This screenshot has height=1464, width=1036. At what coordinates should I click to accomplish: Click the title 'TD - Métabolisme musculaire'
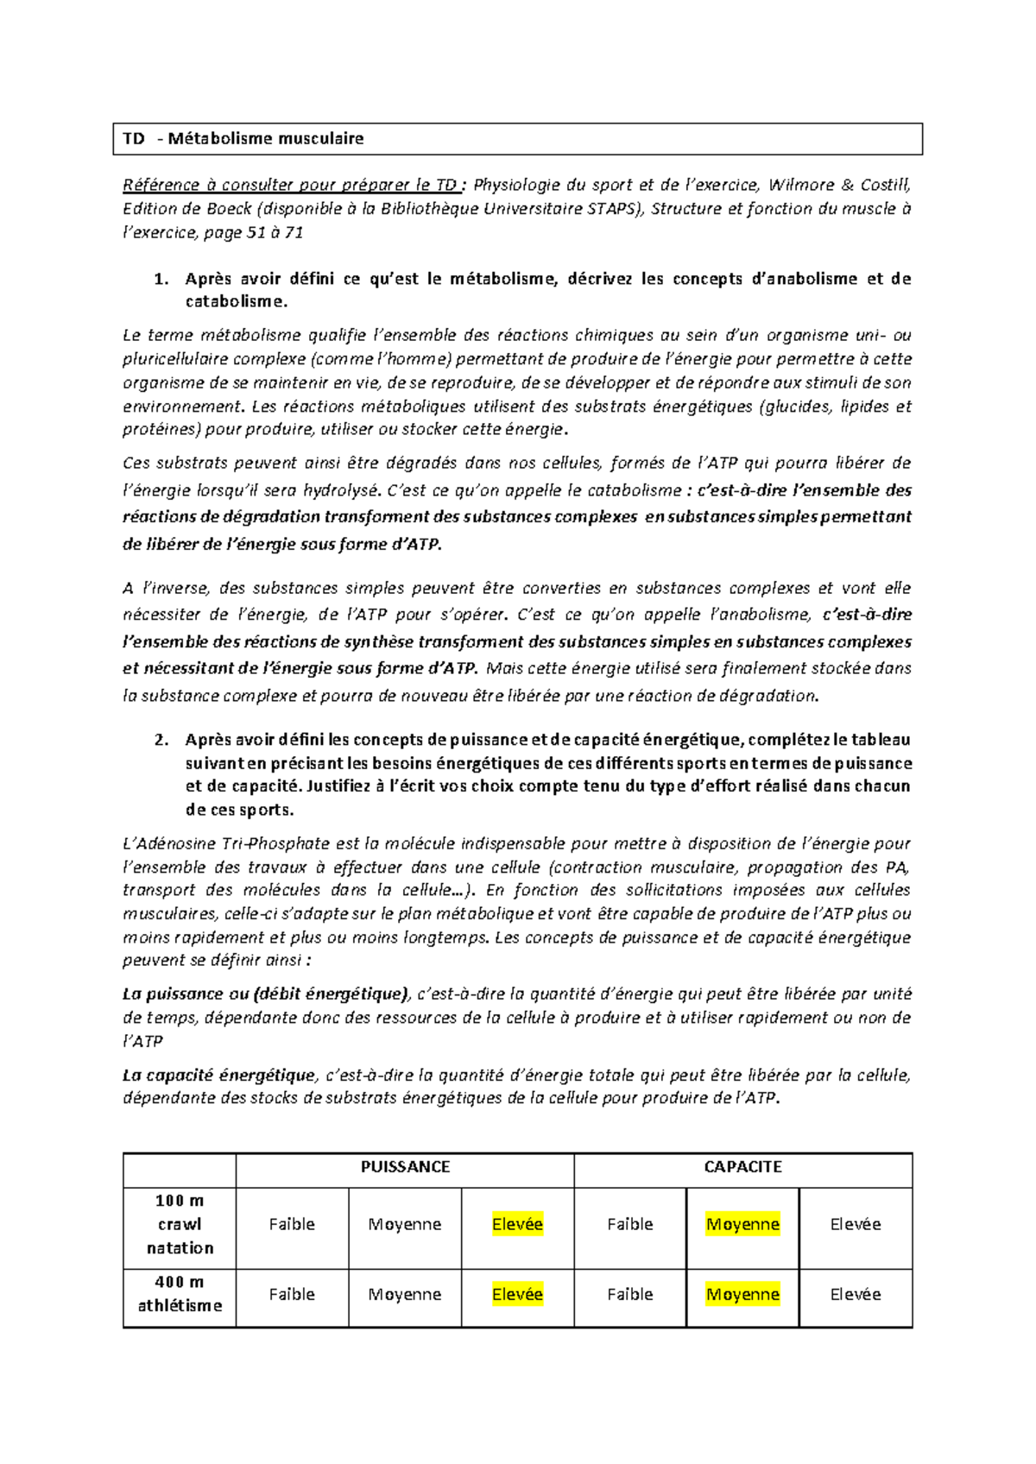(x=243, y=138)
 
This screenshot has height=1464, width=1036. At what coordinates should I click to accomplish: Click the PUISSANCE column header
(x=405, y=1167)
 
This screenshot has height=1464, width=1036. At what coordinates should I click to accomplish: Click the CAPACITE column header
(x=742, y=1167)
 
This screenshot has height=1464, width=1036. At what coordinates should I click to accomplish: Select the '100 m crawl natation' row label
(x=180, y=1224)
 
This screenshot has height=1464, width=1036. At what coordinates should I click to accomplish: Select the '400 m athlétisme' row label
(x=180, y=1294)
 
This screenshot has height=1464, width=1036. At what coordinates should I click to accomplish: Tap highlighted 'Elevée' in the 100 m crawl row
(x=517, y=1224)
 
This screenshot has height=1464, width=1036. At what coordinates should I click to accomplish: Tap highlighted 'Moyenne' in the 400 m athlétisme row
(x=742, y=1294)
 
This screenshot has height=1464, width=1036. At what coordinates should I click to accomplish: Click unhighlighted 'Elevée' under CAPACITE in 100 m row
(x=856, y=1224)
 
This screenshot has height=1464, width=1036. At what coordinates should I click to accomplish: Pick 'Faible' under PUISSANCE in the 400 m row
(x=292, y=1294)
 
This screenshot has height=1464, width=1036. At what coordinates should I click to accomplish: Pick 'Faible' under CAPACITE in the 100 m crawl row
(x=630, y=1224)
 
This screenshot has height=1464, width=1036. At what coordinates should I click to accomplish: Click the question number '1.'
(x=160, y=279)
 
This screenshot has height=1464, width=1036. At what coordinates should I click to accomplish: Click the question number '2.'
(x=160, y=740)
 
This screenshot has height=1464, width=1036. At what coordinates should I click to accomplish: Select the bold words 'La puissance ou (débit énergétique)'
(x=264, y=994)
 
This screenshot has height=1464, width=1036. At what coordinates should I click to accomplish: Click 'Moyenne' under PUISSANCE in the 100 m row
(x=405, y=1224)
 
